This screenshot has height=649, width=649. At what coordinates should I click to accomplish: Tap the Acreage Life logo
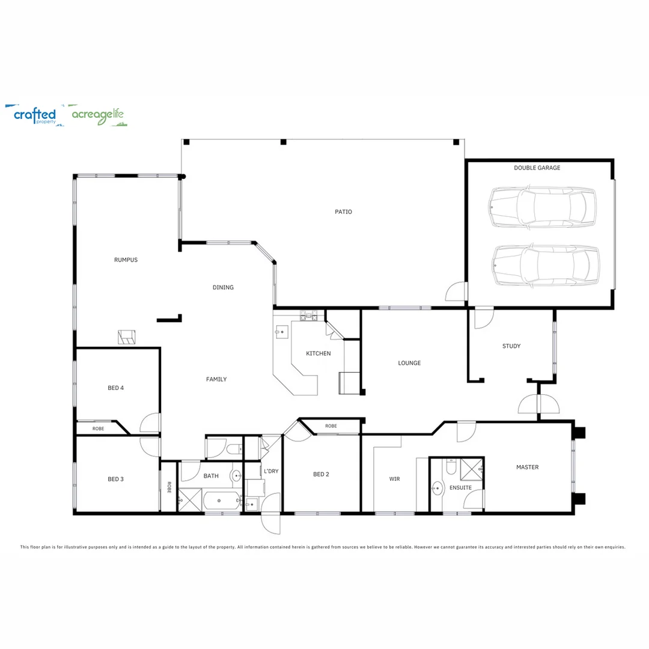coord(98,115)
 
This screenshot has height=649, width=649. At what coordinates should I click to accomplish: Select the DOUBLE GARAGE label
coord(537,168)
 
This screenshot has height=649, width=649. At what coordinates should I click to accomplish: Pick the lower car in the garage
coord(545,265)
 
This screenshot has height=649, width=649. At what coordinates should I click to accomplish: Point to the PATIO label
coord(343,212)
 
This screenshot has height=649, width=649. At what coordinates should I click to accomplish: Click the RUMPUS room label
coord(126,260)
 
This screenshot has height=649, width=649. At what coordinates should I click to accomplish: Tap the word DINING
coord(223,287)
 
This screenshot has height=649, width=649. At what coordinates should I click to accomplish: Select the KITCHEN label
coord(318,353)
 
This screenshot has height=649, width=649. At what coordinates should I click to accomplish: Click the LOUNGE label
coord(409,363)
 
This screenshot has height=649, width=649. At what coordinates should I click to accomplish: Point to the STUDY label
coord(511,346)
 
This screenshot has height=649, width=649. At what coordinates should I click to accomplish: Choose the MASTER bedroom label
coord(527,467)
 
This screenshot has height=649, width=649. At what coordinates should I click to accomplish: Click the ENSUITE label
coord(460,487)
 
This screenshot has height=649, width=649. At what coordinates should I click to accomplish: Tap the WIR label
coord(394,479)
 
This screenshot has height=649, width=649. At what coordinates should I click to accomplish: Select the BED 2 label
coord(321,474)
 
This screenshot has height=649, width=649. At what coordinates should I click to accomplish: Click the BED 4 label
coord(115,388)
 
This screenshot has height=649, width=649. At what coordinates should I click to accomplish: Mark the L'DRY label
coord(271,471)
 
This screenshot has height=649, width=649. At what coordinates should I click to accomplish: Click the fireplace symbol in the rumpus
coord(127,337)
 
